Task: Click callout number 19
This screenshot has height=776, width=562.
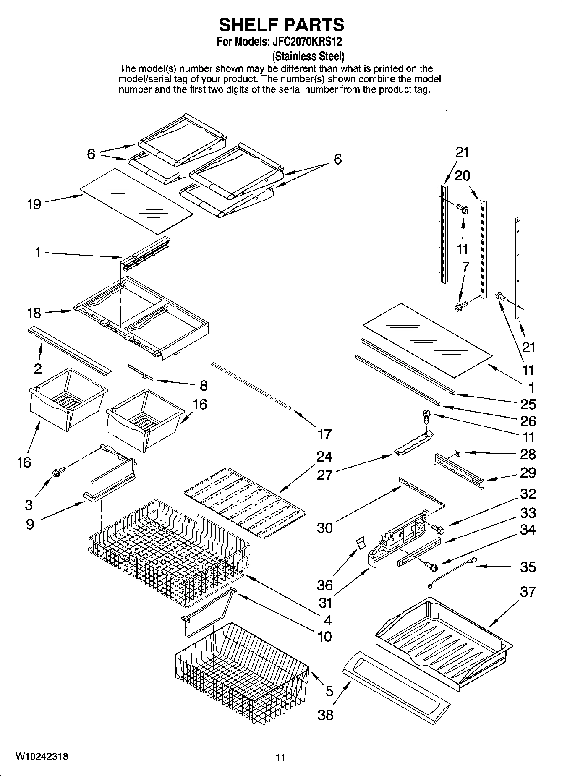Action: tap(34, 204)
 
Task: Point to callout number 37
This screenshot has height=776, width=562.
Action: tap(528, 592)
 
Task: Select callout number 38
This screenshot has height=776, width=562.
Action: tap(325, 714)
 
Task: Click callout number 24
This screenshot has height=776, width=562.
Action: tap(324, 457)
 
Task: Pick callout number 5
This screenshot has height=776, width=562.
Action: tap(329, 690)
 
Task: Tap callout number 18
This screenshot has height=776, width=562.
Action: tap(34, 313)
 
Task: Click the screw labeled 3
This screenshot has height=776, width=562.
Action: tap(56, 472)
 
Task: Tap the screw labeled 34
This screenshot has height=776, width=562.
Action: tap(431, 567)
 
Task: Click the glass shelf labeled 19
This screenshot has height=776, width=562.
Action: tap(136, 201)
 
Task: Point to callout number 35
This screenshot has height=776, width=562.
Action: tap(528, 567)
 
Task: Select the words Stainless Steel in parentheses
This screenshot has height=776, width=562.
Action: tap(308, 56)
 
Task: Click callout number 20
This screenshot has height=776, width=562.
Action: tap(462, 175)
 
